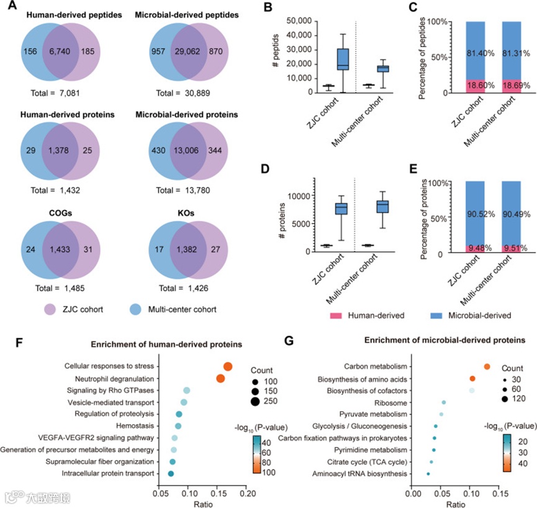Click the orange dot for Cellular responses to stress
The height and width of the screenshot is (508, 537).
pyautogui.click(x=227, y=366)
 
